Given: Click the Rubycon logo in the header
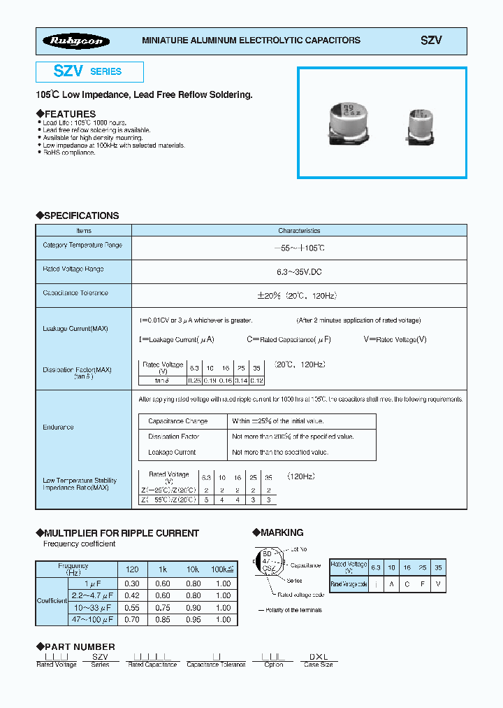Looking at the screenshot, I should pyautogui.click(x=76, y=41).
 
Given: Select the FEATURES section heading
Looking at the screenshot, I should pyautogui.click(x=66, y=114).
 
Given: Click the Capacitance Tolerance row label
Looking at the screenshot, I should pyautogui.click(x=75, y=293).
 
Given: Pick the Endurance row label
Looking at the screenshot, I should pyautogui.click(x=58, y=427).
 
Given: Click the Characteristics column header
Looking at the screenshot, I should pyautogui.click(x=299, y=230).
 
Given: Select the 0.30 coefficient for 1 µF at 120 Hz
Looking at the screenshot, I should pyautogui.click(x=131, y=583).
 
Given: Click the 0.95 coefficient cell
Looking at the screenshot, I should pyautogui.click(x=194, y=619).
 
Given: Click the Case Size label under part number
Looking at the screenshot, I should pyautogui.click(x=318, y=665).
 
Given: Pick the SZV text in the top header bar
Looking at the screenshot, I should pyautogui.click(x=431, y=41).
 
